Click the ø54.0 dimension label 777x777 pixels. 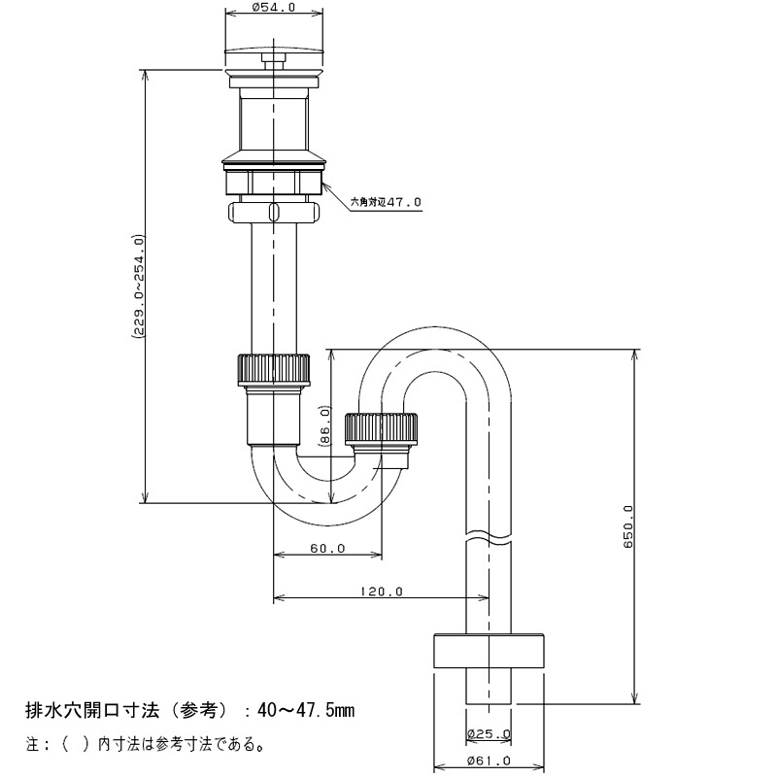(x=273, y=8)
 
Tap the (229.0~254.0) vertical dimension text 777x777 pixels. (x=138, y=287)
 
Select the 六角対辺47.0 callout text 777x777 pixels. (x=386, y=202)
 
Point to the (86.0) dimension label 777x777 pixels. (x=324, y=426)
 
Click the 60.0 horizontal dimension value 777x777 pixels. (x=327, y=548)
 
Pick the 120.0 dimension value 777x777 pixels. (x=382, y=591)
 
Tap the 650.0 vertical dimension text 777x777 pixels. (x=628, y=526)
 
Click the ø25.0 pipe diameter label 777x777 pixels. (x=489, y=733)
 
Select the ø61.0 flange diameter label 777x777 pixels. (x=489, y=760)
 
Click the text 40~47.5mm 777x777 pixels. (x=306, y=711)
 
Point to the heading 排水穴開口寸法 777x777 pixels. (x=92, y=711)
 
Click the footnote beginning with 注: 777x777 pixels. (x=144, y=744)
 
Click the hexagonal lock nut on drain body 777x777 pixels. (x=274, y=182)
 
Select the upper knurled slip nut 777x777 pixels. (x=274, y=369)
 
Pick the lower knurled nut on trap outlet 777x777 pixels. (x=381, y=428)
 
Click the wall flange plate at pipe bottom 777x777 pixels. (x=490, y=651)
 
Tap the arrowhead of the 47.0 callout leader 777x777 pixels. (x=324, y=183)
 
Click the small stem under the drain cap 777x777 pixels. (x=274, y=64)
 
